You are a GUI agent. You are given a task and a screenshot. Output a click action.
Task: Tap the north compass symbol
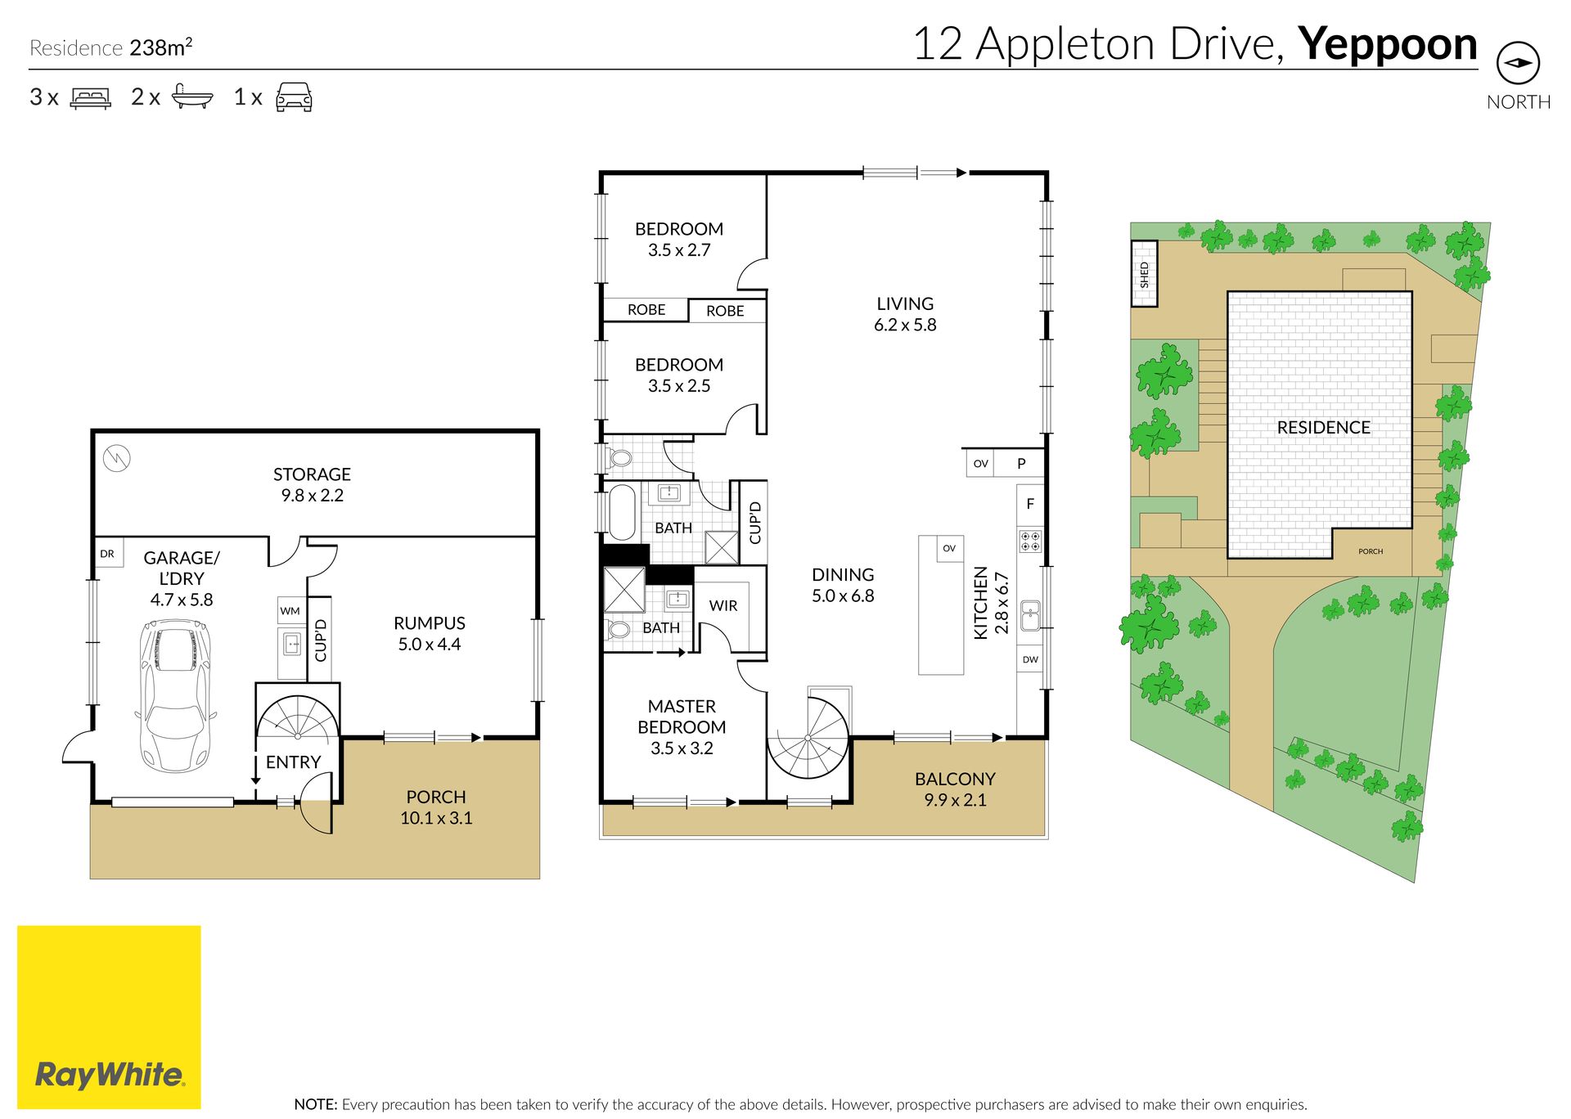pos(1518,63)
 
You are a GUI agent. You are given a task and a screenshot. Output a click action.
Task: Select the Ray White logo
pos(109,1017)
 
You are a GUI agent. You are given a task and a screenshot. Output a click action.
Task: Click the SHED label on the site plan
pos(1144,274)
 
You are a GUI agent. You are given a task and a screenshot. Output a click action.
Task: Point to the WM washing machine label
pos(290,611)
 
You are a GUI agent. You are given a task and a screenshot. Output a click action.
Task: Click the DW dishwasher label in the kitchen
pos(1030,659)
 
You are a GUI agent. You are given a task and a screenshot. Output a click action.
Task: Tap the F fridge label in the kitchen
pos(1030,504)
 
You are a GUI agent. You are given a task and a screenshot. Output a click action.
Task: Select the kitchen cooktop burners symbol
pos(1030,540)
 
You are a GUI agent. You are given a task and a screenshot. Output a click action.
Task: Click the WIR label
pos(723,605)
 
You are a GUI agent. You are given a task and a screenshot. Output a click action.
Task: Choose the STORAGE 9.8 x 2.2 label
pos(312,484)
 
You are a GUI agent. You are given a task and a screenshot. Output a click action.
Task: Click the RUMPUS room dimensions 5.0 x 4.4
pos(430,645)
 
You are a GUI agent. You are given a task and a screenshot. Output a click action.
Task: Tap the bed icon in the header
pos(91,98)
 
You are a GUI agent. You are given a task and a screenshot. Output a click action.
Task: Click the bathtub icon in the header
pos(192,97)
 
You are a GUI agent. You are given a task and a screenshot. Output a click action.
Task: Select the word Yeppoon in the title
pos(1388,46)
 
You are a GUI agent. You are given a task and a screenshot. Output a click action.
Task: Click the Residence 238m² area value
pos(161,47)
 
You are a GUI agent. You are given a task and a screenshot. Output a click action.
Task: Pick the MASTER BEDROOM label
pos(682,717)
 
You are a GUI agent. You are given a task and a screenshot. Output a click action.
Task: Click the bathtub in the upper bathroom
pos(622,513)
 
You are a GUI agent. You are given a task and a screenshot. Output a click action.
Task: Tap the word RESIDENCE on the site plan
pos(1323,427)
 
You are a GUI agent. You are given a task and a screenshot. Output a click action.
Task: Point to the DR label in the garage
pos(107,554)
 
